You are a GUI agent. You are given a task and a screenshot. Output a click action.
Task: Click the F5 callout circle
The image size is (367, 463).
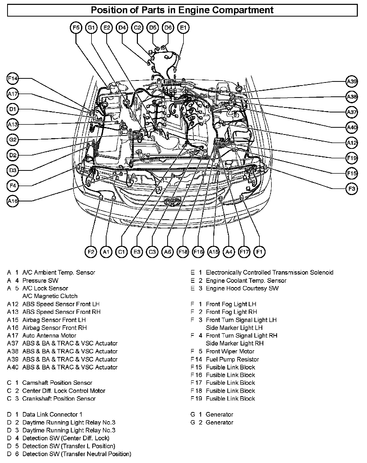(76, 28)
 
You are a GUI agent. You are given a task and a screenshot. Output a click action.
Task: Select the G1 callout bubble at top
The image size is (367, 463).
(91, 28)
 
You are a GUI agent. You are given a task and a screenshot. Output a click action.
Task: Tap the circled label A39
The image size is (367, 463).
(352, 82)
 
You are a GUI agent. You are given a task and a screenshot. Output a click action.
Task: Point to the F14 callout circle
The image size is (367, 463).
(12, 79)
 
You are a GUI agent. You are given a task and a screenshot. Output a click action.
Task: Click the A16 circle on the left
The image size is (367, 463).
(12, 201)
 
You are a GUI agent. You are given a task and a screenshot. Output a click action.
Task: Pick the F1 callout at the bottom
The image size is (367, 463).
(259, 252)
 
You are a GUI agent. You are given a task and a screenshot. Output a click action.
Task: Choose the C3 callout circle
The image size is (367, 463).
(152, 252)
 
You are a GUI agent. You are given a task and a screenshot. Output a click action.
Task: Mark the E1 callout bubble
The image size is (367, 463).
(183, 28)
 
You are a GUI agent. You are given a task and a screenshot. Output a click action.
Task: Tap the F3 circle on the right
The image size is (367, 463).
(352, 189)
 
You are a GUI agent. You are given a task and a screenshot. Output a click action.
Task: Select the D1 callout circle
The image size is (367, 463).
(12, 109)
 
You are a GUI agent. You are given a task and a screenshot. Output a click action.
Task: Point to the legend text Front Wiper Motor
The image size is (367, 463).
(230, 351)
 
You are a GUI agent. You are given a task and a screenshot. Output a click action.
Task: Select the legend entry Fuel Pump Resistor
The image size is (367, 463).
(232, 359)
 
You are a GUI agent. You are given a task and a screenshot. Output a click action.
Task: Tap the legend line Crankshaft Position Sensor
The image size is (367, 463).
(59, 398)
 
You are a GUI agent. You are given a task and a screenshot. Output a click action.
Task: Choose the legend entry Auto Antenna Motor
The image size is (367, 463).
(49, 336)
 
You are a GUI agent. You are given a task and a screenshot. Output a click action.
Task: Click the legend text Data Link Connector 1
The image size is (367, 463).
(52, 414)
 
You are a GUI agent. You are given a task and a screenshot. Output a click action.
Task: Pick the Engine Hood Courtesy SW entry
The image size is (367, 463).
(242, 288)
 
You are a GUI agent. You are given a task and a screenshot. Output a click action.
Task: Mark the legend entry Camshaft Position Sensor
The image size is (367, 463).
(57, 383)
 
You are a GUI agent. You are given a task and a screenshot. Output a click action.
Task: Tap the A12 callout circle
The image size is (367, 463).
(352, 143)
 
